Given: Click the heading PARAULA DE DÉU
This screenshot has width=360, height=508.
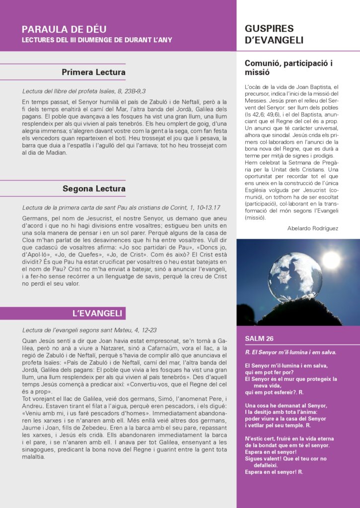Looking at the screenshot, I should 64,29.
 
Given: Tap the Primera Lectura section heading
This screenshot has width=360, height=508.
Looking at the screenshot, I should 93,72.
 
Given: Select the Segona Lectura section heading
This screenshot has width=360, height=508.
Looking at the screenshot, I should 94,189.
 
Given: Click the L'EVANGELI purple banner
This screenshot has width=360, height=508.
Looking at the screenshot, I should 97,313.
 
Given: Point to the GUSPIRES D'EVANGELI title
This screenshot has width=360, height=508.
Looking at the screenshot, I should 274,34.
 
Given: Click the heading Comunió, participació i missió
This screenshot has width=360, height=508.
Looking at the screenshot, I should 288,68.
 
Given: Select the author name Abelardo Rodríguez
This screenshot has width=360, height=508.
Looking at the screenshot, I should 312,228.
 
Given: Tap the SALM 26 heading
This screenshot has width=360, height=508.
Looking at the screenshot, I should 259,338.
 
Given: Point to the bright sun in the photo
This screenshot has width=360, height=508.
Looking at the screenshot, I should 331,259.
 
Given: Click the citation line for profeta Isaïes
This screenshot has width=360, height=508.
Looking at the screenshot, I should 84,91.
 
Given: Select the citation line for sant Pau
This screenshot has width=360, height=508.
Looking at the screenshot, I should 121,207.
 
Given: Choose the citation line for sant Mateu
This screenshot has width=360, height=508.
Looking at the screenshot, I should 89,330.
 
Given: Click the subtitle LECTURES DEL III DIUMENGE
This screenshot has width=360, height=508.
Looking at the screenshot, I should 97,40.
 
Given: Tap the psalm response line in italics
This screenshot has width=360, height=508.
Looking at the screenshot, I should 290,352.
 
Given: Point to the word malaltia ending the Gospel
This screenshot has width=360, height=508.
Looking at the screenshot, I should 33,456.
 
